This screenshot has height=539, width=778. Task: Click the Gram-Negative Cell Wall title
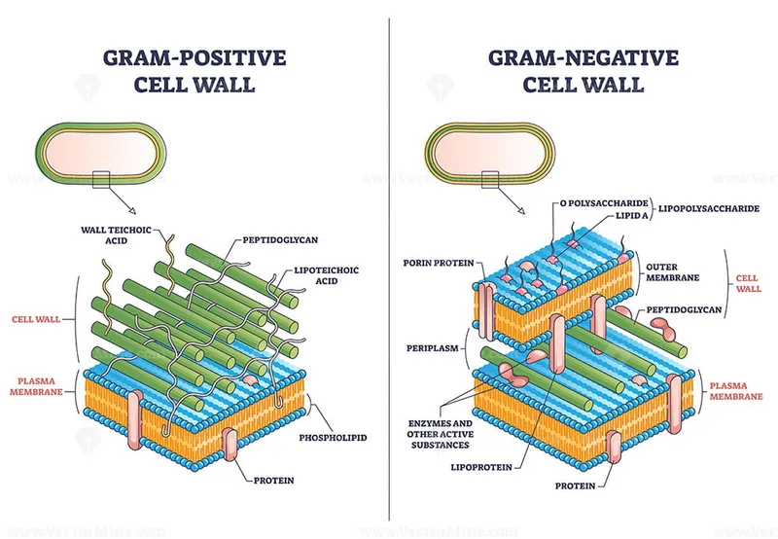point(583,71)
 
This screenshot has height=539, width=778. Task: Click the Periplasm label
point(432,345)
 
